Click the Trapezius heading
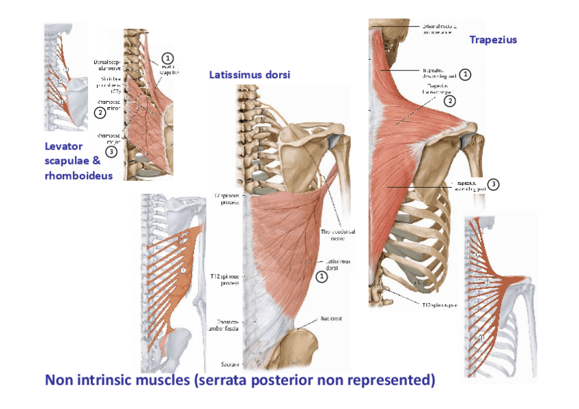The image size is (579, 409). click(493, 40)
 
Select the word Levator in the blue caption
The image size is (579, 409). click(63, 146)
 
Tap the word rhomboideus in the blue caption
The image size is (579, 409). click(79, 175)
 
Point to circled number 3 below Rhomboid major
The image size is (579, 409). click(111, 151)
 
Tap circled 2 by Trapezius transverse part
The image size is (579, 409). click(450, 101)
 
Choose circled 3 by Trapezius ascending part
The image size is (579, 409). click(493, 184)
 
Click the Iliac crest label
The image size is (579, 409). click(333, 318)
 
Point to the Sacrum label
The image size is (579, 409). click(229, 363)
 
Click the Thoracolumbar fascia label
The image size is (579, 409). click(225, 325)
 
